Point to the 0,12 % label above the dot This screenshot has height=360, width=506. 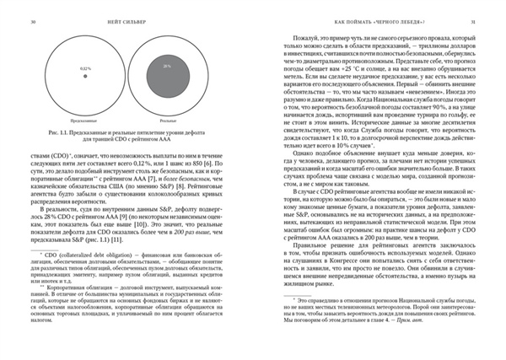[85, 67]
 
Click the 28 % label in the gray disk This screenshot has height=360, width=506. [168, 65]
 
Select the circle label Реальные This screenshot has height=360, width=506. [168, 121]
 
